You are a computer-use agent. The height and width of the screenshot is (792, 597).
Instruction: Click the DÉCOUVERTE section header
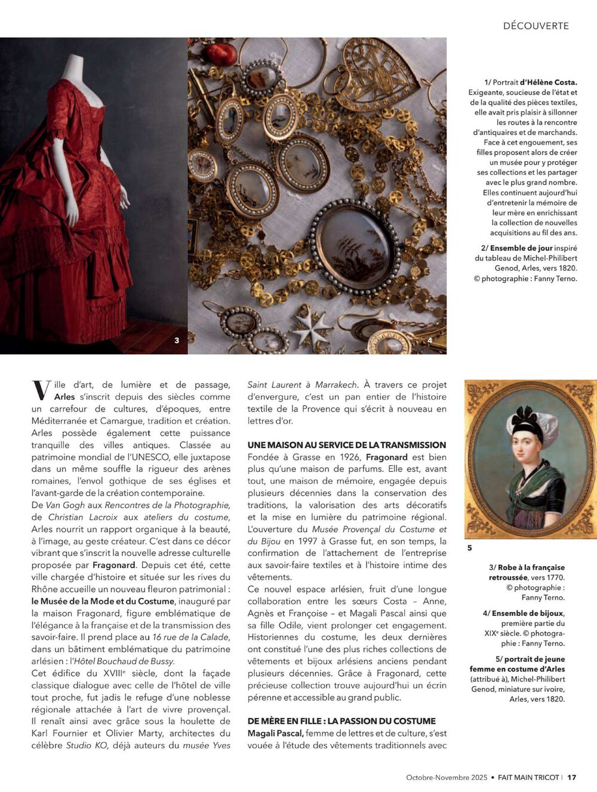536,26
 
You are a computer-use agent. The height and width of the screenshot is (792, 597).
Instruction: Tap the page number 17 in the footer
572,777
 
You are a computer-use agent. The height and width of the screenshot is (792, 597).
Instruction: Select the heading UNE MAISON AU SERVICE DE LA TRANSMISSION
346,445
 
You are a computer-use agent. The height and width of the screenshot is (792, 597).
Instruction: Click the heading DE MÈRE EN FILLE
341,721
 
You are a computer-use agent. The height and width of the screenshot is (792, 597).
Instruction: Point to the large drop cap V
41,390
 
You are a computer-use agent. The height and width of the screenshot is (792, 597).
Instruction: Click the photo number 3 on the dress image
177,340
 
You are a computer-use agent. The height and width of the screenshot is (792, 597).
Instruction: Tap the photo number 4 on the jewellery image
430,340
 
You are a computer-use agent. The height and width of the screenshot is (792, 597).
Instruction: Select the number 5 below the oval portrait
469,548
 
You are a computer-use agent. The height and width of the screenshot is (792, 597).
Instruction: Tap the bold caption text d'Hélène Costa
548,82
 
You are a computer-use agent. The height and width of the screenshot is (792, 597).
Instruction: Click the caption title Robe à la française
527,567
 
